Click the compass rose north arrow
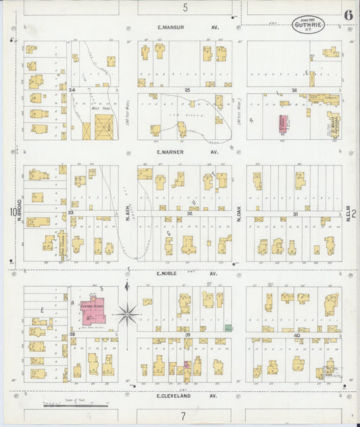click(x=127, y=313)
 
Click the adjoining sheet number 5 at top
click(x=184, y=7)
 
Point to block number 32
click(x=190, y=214)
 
